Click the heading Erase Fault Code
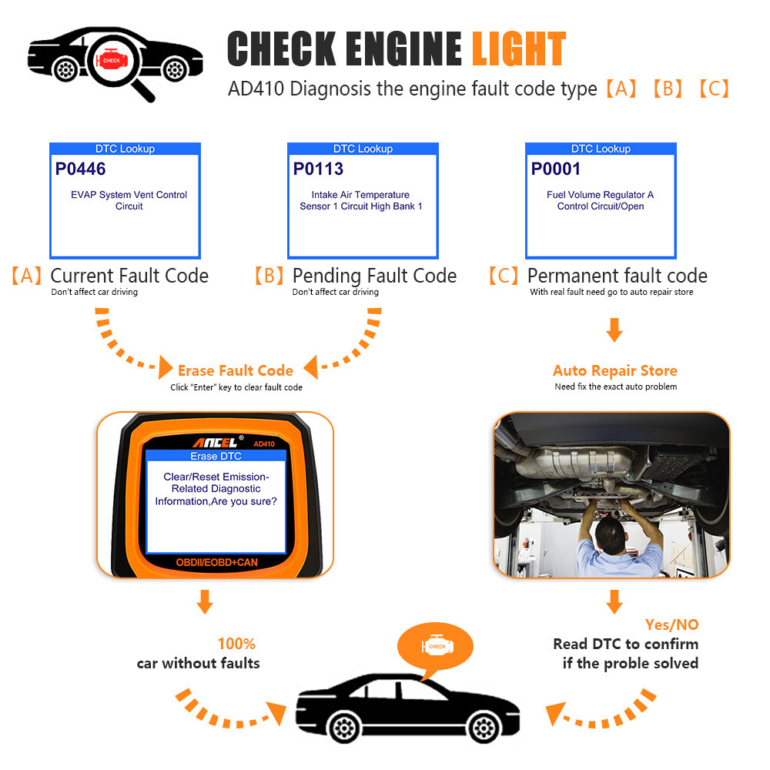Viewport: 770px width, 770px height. [x=235, y=370]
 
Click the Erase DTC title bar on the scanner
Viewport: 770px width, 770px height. [x=216, y=457]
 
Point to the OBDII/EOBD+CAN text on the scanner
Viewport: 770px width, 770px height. [x=216, y=563]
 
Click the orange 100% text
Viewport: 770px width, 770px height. [x=236, y=644]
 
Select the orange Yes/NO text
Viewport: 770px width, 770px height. [x=671, y=624]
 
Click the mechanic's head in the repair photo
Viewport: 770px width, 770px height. [x=612, y=531]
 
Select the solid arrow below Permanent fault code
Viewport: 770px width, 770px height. [x=614, y=330]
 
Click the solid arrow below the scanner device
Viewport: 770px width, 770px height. [x=204, y=601]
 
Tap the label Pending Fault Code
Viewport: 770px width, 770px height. [x=374, y=276]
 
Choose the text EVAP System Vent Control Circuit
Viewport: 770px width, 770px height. [x=129, y=200]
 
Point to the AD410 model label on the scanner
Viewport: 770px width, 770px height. [x=263, y=443]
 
